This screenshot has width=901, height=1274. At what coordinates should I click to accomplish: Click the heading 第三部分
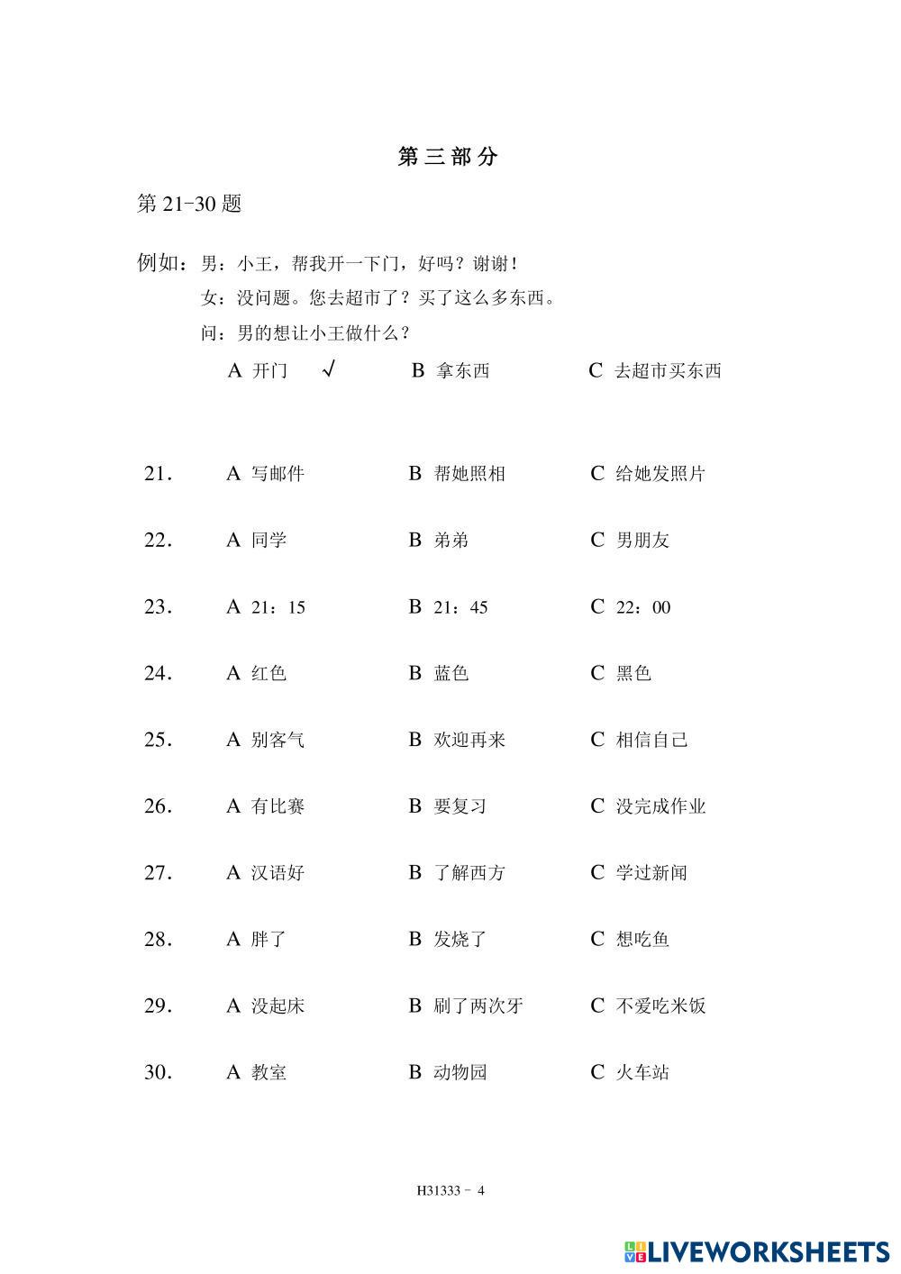click(448, 157)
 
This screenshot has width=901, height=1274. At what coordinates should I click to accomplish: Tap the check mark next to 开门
click(328, 369)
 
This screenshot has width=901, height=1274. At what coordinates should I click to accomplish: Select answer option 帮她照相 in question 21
click(469, 473)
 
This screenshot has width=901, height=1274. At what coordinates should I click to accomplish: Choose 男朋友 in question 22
click(642, 540)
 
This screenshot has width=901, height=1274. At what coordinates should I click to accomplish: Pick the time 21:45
click(460, 607)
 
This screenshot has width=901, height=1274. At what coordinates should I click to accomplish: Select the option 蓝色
click(451, 673)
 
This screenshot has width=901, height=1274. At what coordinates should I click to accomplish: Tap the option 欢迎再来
click(469, 740)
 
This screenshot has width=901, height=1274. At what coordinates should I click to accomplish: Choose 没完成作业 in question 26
click(660, 806)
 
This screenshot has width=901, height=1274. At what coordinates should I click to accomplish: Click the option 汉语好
click(278, 872)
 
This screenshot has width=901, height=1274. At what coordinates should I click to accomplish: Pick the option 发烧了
click(460, 939)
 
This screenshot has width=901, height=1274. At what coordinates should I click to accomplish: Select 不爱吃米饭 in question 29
click(660, 1006)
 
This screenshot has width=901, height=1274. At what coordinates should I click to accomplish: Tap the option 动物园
click(460, 1072)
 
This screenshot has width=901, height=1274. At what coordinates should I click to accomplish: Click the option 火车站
click(642, 1072)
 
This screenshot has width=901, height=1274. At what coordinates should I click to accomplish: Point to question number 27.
click(158, 872)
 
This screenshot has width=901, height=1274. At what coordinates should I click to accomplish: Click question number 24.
click(158, 673)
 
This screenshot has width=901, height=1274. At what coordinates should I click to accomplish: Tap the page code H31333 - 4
click(450, 1190)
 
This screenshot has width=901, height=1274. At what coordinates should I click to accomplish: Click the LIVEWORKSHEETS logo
click(757, 1251)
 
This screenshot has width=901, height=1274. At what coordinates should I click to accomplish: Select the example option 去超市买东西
click(668, 370)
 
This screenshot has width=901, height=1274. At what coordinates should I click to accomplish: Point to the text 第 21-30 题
click(189, 204)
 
